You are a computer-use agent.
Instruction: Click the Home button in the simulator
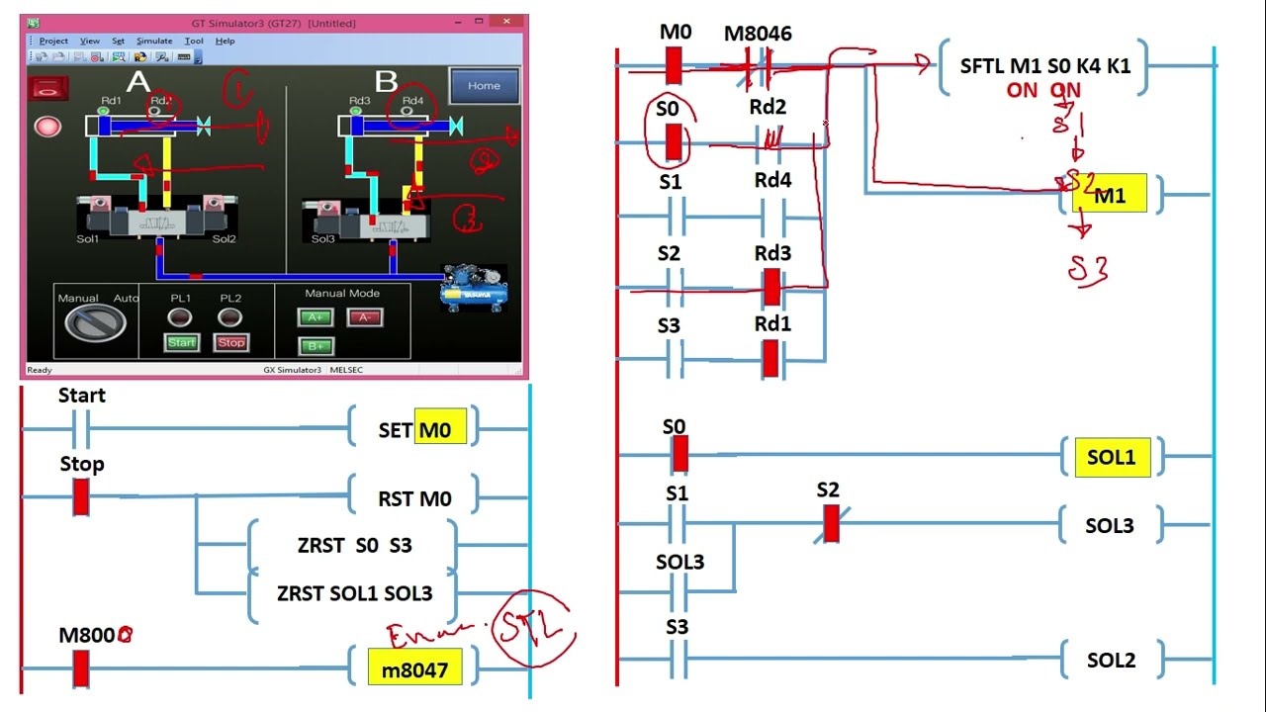(x=484, y=85)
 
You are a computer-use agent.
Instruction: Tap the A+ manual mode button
(x=316, y=317)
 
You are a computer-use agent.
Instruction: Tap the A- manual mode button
(x=364, y=317)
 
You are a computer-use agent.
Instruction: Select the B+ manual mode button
(x=316, y=346)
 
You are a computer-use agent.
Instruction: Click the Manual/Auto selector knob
(x=95, y=321)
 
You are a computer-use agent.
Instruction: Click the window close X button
(x=507, y=22)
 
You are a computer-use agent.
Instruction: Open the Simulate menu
(x=153, y=41)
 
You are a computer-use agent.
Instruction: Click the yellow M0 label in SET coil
(x=440, y=430)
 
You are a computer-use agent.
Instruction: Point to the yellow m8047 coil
(x=414, y=669)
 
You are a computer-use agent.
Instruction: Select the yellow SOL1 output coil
(x=1112, y=458)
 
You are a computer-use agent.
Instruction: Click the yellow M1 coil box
(x=1110, y=196)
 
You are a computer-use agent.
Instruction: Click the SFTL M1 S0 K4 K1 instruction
(x=1044, y=66)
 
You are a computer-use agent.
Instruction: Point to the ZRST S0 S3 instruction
(x=354, y=546)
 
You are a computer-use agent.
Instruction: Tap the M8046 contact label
(x=758, y=34)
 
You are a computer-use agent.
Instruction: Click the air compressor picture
(x=474, y=289)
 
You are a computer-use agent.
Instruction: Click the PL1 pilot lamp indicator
(x=179, y=317)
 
